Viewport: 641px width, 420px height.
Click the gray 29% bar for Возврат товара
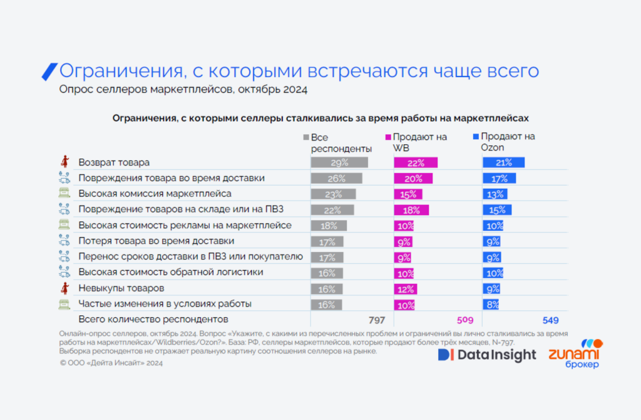click(339, 162)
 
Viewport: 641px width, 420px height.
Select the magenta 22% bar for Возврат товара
click(415, 162)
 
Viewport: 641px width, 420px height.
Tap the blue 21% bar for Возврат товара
click(503, 162)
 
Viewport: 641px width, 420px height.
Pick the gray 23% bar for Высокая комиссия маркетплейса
click(333, 194)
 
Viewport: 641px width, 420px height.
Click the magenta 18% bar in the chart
click(411, 209)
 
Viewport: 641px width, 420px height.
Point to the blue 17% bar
click(499, 178)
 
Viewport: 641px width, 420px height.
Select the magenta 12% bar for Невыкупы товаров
click(405, 288)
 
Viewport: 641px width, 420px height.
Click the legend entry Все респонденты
click(337, 143)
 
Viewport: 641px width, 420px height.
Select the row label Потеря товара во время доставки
click(156, 241)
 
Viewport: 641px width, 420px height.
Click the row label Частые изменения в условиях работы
click(165, 304)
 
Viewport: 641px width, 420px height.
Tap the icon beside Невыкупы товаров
click(63, 288)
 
